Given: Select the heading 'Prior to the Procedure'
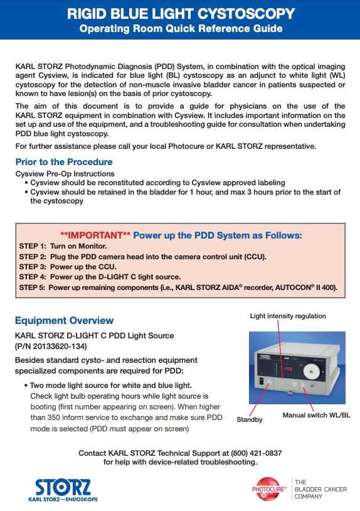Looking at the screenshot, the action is pos(64,162).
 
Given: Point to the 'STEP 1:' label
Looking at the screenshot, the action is pos(33,246).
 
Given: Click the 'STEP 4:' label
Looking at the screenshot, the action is pos(33,277).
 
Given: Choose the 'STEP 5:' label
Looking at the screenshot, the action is pos(33,288).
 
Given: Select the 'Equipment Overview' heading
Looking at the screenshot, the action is pos(64,320).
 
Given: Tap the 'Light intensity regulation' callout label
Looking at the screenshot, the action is pos(288,316).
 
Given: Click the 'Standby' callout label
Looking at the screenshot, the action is pos(250,419).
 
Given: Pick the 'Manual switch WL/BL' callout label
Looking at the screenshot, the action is pos(316,415).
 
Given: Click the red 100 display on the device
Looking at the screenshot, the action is pos(288,368).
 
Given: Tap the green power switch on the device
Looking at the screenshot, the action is pos(261,381).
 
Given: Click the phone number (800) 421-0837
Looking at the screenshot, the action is pos(256,453).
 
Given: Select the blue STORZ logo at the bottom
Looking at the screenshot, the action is pos(63,490).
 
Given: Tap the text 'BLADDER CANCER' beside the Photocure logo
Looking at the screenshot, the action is pos(320,489).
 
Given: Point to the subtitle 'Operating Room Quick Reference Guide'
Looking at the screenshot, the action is pos(181,29).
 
